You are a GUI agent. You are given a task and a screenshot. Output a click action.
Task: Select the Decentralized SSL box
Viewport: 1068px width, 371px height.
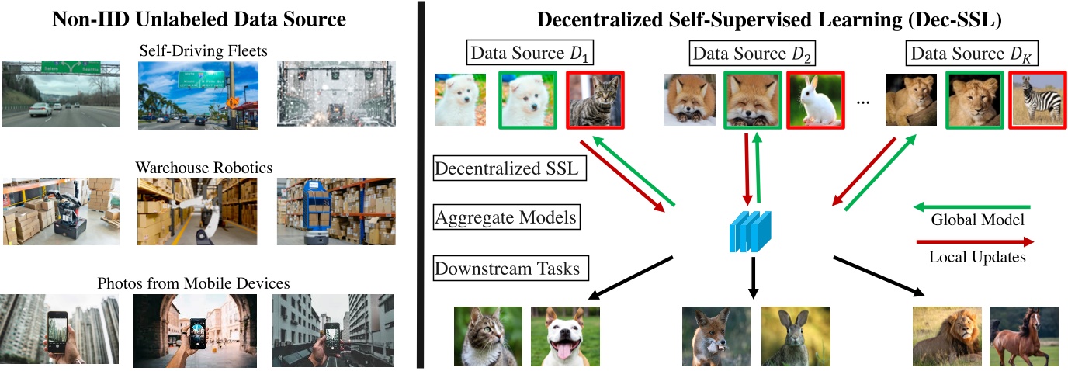point(505,168)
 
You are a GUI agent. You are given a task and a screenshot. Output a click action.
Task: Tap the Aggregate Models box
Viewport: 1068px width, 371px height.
point(505,218)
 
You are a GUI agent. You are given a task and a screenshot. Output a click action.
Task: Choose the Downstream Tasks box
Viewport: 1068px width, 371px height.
point(509,269)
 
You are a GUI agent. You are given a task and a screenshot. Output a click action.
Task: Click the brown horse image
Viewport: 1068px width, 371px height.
point(1023,335)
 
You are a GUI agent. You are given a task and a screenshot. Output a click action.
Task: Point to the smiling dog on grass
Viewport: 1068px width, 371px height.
point(565,335)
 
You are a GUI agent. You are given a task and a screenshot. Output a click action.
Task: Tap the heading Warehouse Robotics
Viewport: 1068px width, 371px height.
point(203,167)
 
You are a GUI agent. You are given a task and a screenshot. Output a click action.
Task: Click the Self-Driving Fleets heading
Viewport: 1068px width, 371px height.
point(203,50)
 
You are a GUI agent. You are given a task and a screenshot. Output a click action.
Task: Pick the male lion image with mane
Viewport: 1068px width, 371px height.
point(946,335)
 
